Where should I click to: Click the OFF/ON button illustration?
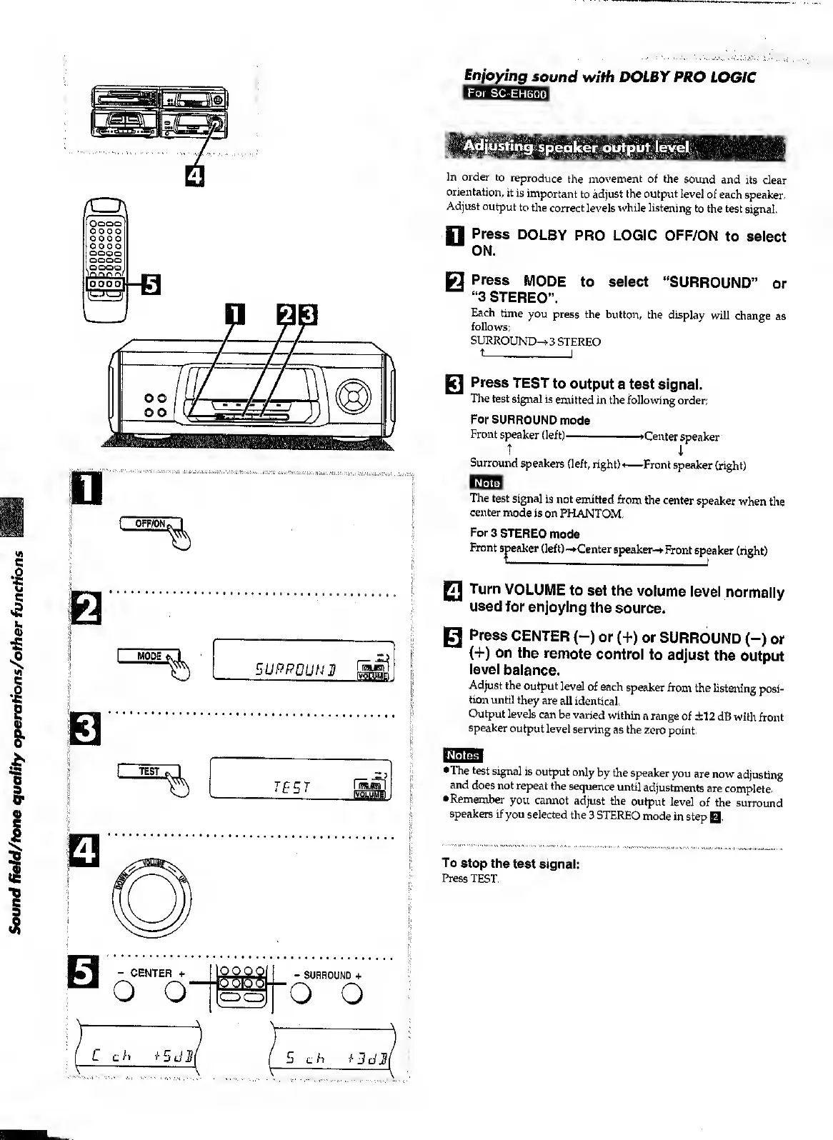[150, 524]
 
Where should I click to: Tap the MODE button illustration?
[149, 656]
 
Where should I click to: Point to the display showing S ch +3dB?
[333, 1055]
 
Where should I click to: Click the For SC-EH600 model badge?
[506, 94]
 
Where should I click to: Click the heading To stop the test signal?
[510, 864]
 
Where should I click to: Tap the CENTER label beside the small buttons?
[151, 973]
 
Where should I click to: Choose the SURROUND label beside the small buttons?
[328, 975]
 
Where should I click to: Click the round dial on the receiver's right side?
[355, 393]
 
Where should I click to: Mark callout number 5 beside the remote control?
[150, 284]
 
